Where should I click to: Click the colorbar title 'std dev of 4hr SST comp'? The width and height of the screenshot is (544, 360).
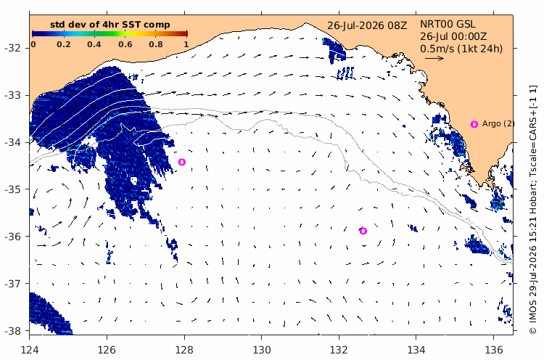[x=110, y=25]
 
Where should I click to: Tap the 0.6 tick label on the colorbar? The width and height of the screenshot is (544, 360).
[x=125, y=44]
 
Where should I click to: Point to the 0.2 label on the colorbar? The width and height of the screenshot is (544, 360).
[x=64, y=44]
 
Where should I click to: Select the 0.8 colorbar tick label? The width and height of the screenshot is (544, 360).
[x=156, y=44]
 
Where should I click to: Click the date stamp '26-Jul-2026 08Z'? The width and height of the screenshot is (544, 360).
[x=367, y=25]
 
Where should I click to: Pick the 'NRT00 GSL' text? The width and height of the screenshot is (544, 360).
[x=448, y=24]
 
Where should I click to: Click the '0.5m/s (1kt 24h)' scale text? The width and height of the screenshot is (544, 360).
[x=461, y=49]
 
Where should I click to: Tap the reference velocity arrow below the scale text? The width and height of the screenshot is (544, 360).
[x=434, y=58]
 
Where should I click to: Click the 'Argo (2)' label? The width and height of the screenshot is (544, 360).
[x=498, y=123]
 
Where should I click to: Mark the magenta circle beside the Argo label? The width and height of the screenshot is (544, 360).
[x=474, y=124]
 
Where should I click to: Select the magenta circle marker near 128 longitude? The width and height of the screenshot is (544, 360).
[x=182, y=162]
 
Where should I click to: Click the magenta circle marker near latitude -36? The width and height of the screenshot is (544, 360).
[x=363, y=231]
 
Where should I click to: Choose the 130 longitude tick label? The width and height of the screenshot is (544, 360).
[x=262, y=350]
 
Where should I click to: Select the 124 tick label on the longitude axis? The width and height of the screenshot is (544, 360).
[x=30, y=350]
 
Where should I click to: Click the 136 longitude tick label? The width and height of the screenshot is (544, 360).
[x=493, y=350]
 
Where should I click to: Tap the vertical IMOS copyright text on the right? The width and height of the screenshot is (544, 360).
[x=532, y=209]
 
